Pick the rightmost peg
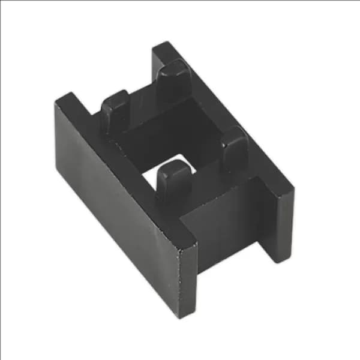pos(235,147)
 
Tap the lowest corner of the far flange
pos(278,262)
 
